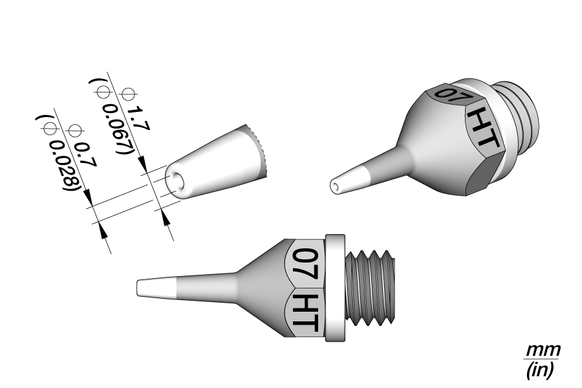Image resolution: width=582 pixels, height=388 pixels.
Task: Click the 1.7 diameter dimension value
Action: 139,119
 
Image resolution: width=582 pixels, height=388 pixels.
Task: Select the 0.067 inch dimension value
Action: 116,129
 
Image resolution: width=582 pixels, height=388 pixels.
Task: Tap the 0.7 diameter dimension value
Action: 85,155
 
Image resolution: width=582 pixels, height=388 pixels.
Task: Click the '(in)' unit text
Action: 541,370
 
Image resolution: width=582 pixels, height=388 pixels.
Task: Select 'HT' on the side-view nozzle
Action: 305,312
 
